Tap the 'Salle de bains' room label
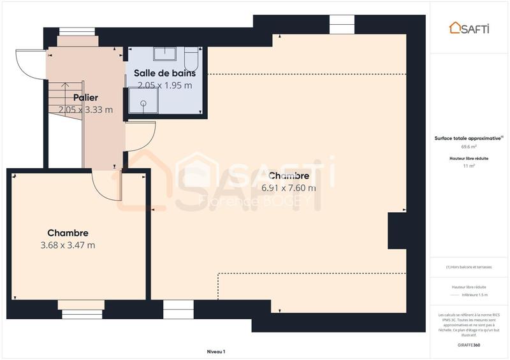[164, 73]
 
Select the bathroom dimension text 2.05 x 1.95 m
[164, 85]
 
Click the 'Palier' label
[85, 97]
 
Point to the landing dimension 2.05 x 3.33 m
[85, 110]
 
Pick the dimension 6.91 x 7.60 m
[289, 187]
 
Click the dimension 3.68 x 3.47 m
[68, 245]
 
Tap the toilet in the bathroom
[191, 61]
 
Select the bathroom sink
[168, 54]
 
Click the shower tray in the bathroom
[142, 101]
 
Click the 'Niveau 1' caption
[216, 351]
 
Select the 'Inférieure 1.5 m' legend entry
[476, 295]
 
